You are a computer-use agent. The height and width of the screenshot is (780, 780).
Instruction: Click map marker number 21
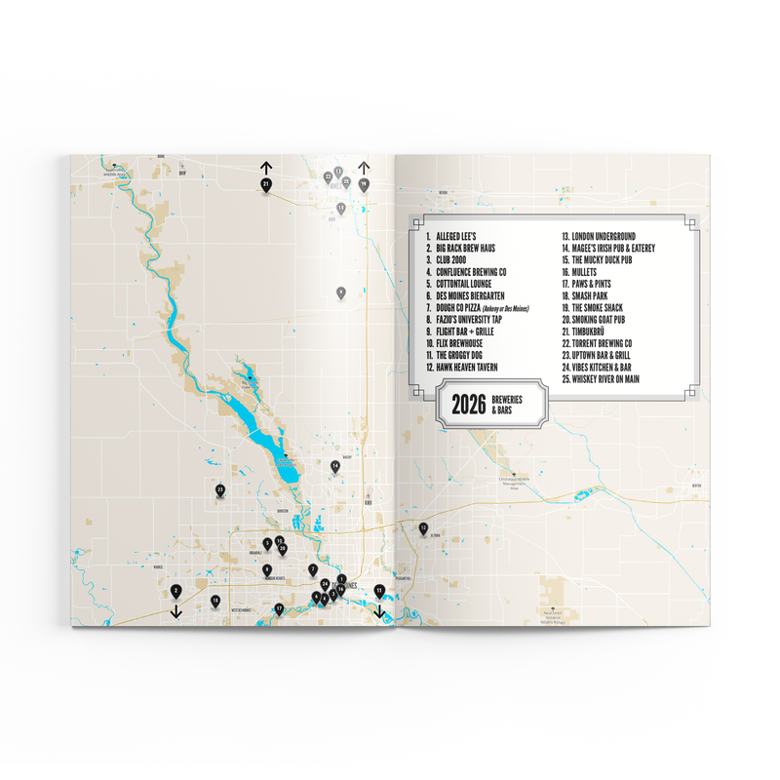(265, 183)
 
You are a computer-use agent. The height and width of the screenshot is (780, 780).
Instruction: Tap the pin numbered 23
(221, 489)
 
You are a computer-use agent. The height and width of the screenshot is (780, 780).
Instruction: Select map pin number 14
(334, 467)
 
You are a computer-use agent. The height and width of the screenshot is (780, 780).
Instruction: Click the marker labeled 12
(423, 528)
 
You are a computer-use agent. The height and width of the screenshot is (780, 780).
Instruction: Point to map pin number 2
(175, 591)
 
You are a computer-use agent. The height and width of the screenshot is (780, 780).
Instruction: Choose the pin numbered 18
(215, 602)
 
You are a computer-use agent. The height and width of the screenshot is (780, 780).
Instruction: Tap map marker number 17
(279, 608)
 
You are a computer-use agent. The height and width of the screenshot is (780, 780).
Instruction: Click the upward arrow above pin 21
(265, 166)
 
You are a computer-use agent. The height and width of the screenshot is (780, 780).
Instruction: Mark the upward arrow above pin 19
(363, 166)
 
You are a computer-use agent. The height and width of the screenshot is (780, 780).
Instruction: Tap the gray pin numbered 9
(341, 292)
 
